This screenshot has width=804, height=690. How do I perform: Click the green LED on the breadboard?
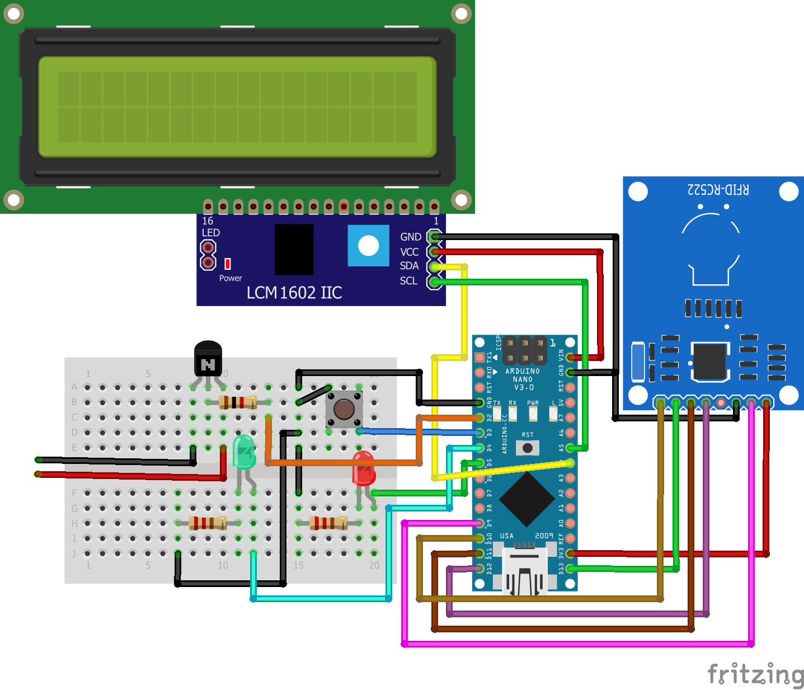click(244, 452)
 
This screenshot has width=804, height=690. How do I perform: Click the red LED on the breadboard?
click(363, 468)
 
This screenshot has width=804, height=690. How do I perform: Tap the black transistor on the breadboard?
click(208, 359)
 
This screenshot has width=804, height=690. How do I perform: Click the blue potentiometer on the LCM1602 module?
click(368, 246)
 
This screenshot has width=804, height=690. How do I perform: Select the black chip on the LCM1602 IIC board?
click(294, 249)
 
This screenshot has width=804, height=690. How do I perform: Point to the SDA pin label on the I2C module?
click(409, 266)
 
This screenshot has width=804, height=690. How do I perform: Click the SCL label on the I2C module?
click(408, 281)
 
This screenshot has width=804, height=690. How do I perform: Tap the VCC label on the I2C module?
click(409, 252)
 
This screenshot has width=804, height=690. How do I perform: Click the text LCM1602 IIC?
click(294, 293)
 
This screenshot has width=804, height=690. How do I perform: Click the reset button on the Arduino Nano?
click(527, 448)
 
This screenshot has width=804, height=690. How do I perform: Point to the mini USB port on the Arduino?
click(524, 571)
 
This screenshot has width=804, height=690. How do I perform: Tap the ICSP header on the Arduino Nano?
click(524, 351)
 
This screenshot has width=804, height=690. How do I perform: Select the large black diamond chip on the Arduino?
click(526, 499)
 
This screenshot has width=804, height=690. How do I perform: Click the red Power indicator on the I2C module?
click(228, 264)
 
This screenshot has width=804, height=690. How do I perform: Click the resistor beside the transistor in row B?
click(238, 402)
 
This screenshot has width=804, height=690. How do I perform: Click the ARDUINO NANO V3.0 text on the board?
click(523, 379)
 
